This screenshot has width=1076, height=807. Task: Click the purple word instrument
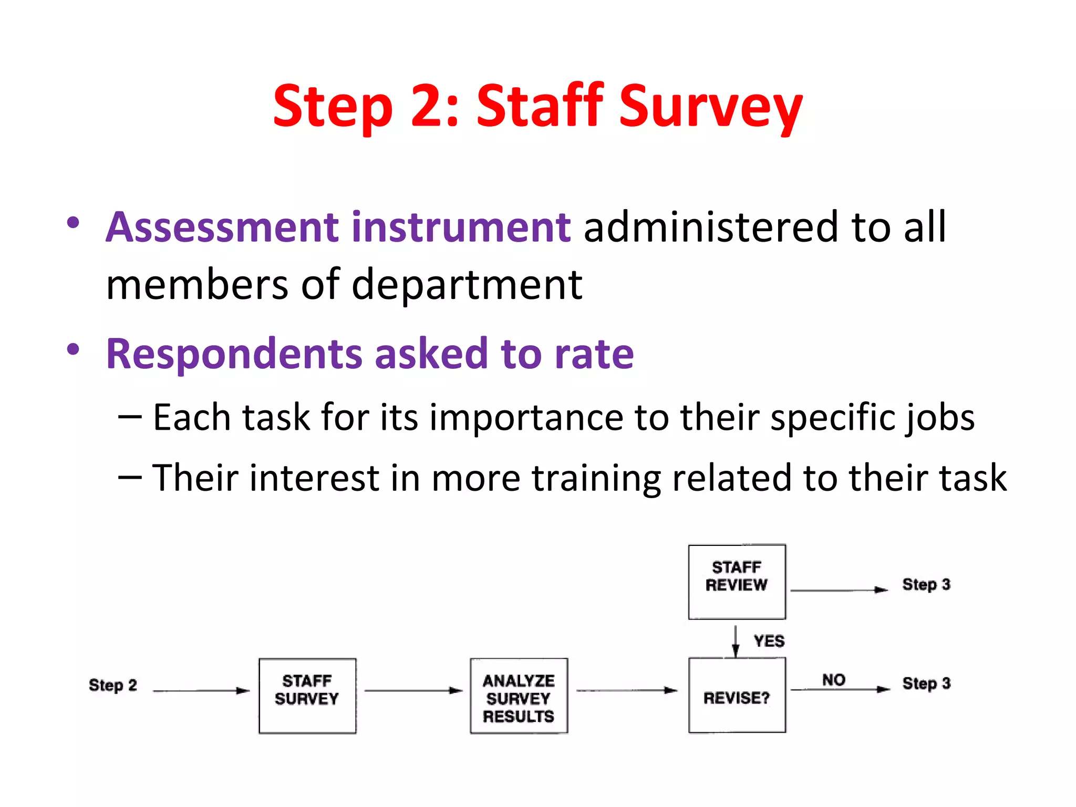click(x=461, y=227)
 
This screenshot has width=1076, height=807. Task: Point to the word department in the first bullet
click(x=467, y=285)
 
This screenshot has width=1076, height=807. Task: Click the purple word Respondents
click(x=234, y=354)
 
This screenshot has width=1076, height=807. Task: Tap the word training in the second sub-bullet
click(x=596, y=478)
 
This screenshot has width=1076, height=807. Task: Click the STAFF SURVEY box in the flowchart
click(x=307, y=696)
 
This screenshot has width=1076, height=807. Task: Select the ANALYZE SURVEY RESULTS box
click(x=519, y=696)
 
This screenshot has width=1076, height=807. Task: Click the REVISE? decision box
click(x=737, y=696)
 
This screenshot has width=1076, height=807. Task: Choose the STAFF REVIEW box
click(x=737, y=582)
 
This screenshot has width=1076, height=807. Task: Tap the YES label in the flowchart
click(x=769, y=641)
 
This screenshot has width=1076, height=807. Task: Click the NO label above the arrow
click(x=833, y=680)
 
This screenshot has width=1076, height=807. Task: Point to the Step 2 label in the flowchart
click(x=112, y=685)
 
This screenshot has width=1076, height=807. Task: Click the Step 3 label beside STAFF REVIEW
click(x=926, y=584)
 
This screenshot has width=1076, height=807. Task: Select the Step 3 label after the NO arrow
click(x=926, y=684)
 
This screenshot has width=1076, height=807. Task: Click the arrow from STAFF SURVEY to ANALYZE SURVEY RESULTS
click(x=413, y=690)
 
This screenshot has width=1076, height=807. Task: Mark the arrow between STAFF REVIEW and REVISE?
click(x=736, y=641)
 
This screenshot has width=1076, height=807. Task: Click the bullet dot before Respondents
click(x=73, y=349)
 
